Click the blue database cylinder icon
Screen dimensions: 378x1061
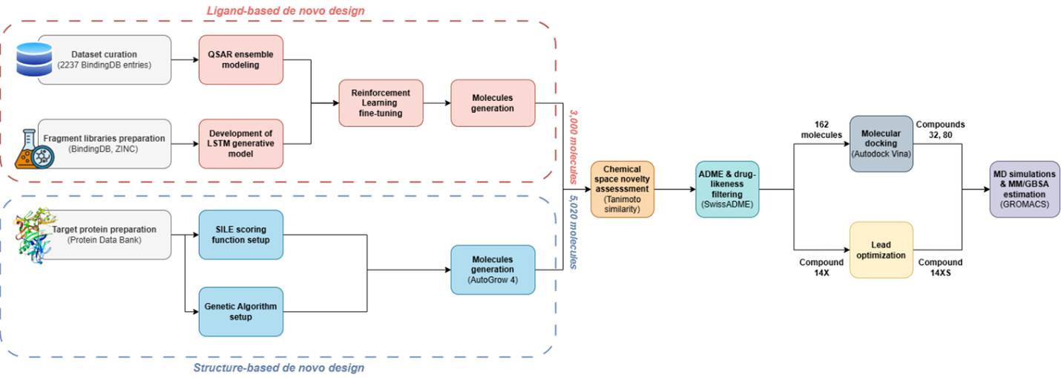click(x=33, y=59)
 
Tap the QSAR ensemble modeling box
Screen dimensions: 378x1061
click(x=241, y=59)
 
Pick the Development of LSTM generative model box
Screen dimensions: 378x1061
click(x=241, y=143)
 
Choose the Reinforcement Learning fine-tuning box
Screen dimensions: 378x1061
click(x=380, y=102)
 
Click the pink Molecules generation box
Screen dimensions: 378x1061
click(x=493, y=102)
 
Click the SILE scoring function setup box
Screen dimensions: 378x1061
click(x=241, y=235)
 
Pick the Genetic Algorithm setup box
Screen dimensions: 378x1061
click(x=241, y=312)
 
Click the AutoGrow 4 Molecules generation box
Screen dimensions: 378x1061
click(x=493, y=269)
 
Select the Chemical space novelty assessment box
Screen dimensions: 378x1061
click(x=623, y=189)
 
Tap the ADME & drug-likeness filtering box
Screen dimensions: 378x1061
click(x=727, y=189)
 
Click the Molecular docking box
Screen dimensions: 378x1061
click(x=881, y=143)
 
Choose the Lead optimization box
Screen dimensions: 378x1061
click(x=881, y=250)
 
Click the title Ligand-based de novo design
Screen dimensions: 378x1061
click(x=285, y=10)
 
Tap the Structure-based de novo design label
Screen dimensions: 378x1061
click(x=278, y=368)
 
